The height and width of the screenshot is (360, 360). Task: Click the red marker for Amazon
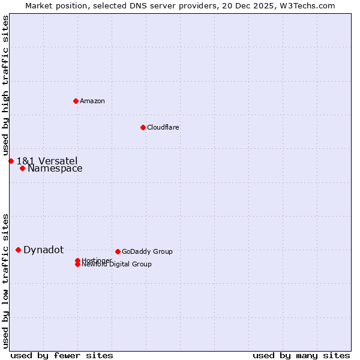pyautogui.click(x=76, y=101)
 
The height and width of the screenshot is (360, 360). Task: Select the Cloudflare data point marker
pyautogui.click(x=143, y=127)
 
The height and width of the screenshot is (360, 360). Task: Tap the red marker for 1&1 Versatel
pyautogui.click(x=11, y=161)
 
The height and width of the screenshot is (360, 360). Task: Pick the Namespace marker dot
pyautogui.click(x=22, y=168)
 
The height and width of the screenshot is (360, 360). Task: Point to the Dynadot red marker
pyautogui.click(x=18, y=250)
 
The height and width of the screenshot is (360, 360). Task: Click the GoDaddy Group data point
pyautogui.click(x=118, y=251)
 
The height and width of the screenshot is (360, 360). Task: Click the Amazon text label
pyautogui.click(x=92, y=101)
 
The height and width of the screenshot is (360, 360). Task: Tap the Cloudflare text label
pyautogui.click(x=163, y=127)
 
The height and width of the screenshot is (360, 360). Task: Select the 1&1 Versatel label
pyautogui.click(x=47, y=161)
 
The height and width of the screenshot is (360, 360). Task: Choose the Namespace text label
pyautogui.click(x=55, y=169)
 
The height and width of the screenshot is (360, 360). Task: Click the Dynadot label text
pyautogui.click(x=43, y=250)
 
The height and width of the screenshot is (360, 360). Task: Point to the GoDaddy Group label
pyautogui.click(x=147, y=251)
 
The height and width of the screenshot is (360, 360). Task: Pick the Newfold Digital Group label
pyautogui.click(x=117, y=265)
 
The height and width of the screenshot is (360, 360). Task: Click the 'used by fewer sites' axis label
pyautogui.click(x=62, y=355)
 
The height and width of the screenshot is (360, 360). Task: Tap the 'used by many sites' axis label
pyautogui.click(x=301, y=355)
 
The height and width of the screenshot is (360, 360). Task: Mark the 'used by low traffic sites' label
pyautogui.click(x=6, y=280)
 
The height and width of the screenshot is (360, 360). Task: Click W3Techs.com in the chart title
pyautogui.click(x=310, y=5)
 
